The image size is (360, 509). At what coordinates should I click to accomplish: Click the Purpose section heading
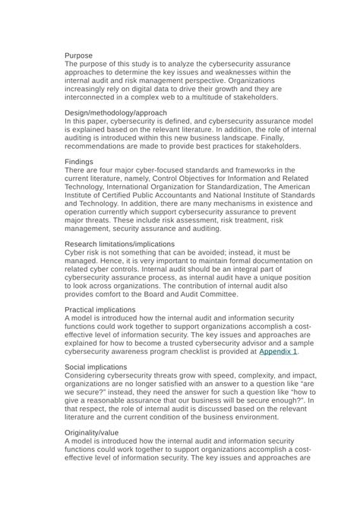coord(79,56)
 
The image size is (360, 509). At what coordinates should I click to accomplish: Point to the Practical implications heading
coord(100,310)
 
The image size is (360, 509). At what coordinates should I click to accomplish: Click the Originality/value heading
coord(91,433)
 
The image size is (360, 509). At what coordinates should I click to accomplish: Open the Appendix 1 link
coord(278,351)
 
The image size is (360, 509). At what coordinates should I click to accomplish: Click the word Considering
coord(90,376)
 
